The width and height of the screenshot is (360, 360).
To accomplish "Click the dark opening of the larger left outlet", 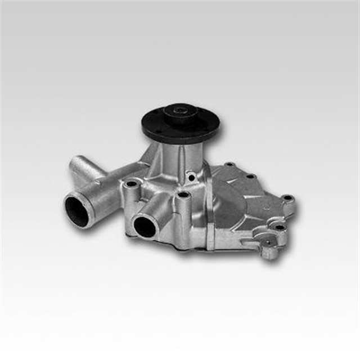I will point(76,209).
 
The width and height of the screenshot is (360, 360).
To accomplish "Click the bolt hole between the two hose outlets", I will point(132,184).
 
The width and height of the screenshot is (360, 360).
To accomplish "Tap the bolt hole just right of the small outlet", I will point(182,196).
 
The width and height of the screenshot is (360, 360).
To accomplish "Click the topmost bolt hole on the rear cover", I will point(228,165).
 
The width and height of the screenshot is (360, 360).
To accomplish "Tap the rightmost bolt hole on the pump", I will point(287,198).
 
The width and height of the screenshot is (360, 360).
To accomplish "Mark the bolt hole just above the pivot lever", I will point(280,227).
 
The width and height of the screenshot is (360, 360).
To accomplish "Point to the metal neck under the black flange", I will point(171,155).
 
